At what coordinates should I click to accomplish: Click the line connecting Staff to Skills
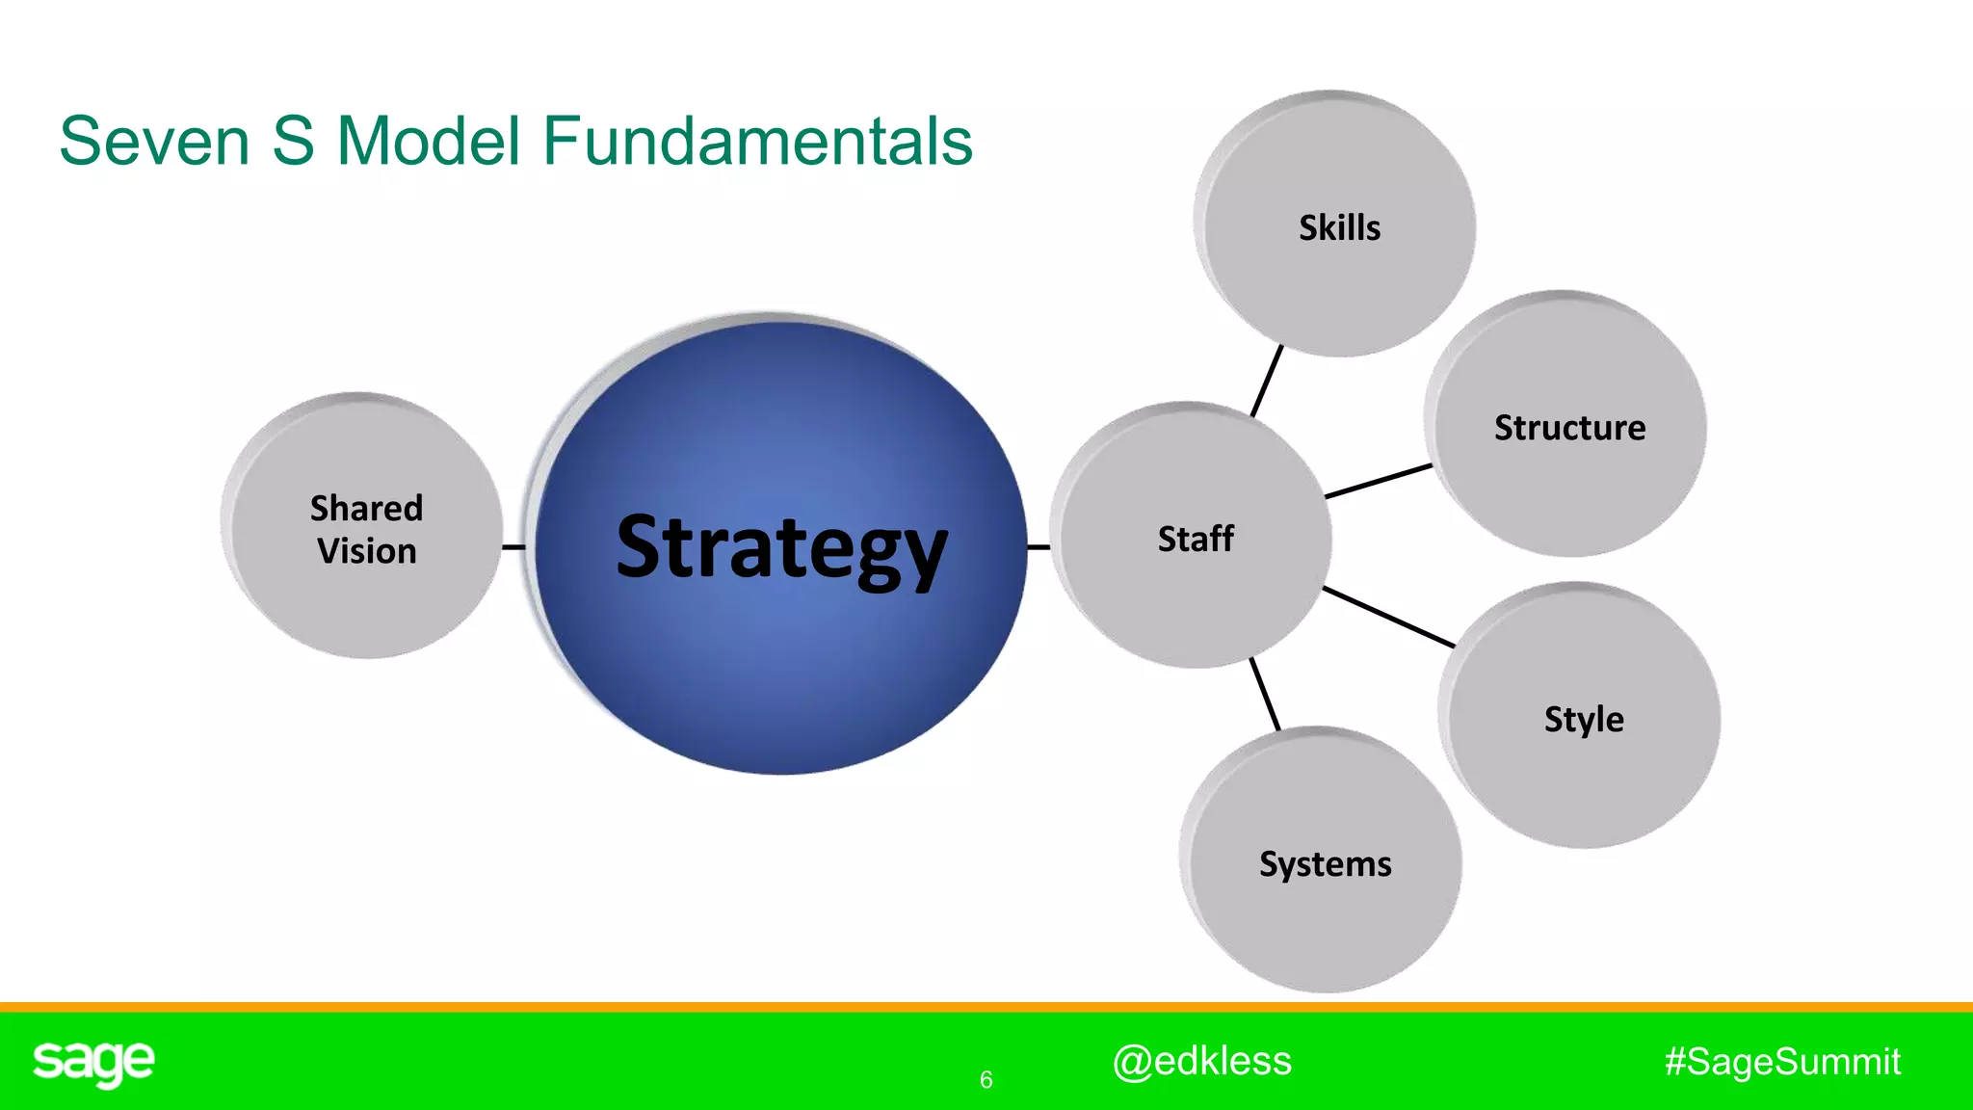pyautogui.click(x=1267, y=381)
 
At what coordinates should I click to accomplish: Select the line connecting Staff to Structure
pyautogui.click(x=1379, y=481)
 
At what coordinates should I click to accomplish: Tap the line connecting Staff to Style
pyautogui.click(x=1388, y=617)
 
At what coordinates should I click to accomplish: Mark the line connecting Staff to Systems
pyautogui.click(x=1265, y=695)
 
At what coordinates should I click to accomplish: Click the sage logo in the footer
pyautogui.click(x=93, y=1063)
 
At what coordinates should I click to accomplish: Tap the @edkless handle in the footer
pyautogui.click(x=1201, y=1061)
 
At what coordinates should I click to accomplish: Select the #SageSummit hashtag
pyautogui.click(x=1782, y=1062)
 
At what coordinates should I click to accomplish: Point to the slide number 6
pyautogui.click(x=986, y=1080)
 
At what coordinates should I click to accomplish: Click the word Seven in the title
pyautogui.click(x=154, y=142)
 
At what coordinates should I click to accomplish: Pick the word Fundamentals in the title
pyautogui.click(x=757, y=142)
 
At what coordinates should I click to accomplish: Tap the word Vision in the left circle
pyautogui.click(x=367, y=552)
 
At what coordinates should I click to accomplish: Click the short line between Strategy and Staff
pyautogui.click(x=1039, y=547)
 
